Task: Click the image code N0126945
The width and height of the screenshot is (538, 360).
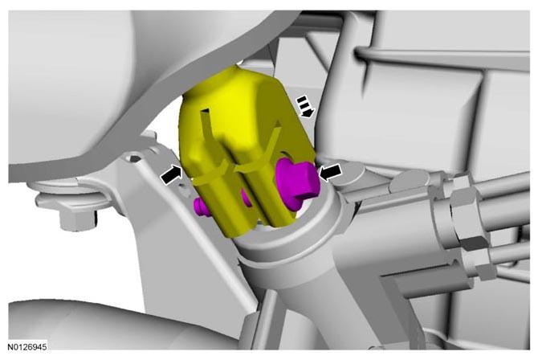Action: (x=27, y=346)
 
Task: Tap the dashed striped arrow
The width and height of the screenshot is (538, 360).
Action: (x=304, y=107)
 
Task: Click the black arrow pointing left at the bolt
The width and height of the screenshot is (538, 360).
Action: (x=330, y=172)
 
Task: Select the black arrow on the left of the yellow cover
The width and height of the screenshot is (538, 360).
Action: (x=171, y=174)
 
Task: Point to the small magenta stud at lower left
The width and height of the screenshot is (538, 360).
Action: (x=201, y=207)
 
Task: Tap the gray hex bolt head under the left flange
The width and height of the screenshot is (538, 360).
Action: (x=78, y=219)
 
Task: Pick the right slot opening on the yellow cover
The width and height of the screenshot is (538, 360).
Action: (x=276, y=129)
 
